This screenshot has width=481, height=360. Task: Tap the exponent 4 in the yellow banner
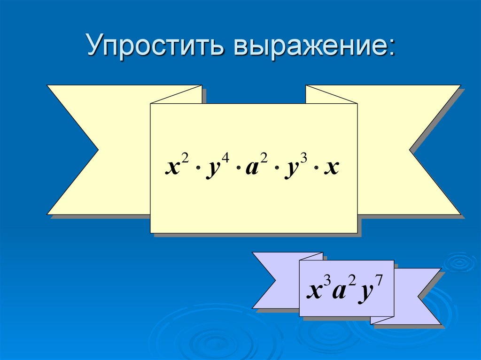pyautogui.click(x=225, y=161)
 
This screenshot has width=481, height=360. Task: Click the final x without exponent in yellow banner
pyautogui.click(x=333, y=168)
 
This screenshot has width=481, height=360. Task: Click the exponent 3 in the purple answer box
pyautogui.click(x=327, y=280)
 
